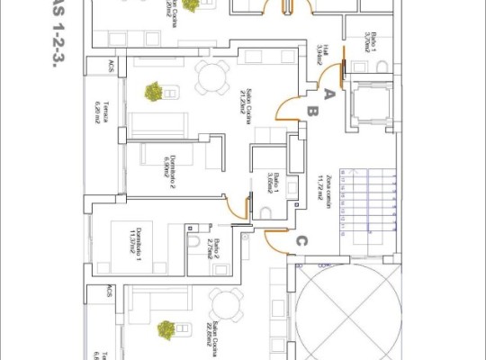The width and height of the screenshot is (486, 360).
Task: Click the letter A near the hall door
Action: [x=329, y=93]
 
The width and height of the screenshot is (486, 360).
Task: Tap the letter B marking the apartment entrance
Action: [x=312, y=112]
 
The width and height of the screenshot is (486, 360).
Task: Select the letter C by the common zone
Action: [x=302, y=240]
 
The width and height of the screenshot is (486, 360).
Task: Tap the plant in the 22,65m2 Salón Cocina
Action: [x=166, y=329]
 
